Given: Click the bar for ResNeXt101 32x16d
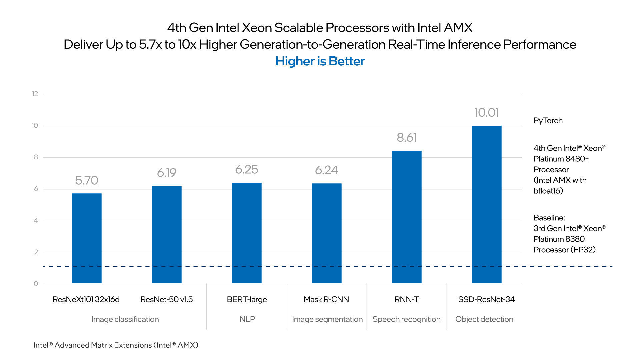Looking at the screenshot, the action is (87, 238).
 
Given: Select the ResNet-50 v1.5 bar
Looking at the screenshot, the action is (167, 234).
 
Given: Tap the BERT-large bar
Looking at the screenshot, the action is (247, 233).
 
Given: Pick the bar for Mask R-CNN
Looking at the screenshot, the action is (327, 233).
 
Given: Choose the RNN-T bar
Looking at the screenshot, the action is (407, 217).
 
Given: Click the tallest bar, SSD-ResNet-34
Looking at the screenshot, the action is (487, 204).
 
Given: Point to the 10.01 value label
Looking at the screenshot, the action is (487, 113).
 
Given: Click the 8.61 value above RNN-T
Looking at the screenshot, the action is (407, 138).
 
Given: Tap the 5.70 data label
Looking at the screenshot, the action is (87, 180).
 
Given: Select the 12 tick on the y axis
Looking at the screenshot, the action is (35, 94).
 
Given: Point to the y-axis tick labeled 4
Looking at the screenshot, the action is (36, 220).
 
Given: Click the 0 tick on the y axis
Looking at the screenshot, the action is (36, 284).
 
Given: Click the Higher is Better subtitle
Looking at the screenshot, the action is (320, 61).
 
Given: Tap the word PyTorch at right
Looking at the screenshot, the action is (548, 121).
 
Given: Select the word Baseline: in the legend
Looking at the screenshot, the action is (549, 218).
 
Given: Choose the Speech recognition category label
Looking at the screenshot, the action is (406, 319).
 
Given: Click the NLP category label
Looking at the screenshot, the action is (247, 319).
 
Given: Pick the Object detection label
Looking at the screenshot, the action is (484, 319).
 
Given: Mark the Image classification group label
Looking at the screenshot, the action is (125, 319).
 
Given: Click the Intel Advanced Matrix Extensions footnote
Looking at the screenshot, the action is (116, 345).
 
